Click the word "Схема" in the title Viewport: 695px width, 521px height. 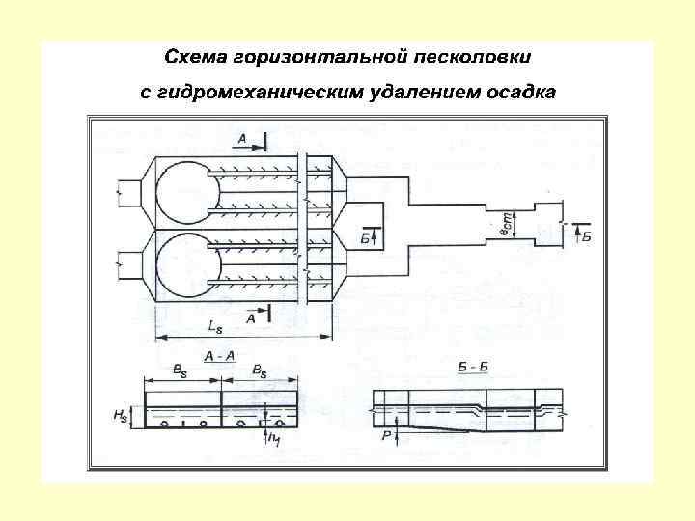pos(192,56)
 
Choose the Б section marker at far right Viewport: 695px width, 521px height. pos(586,234)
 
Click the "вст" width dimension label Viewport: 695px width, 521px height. pos(504,224)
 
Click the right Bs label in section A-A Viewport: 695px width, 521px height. pos(260,370)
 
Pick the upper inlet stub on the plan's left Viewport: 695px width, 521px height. pos(128,192)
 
